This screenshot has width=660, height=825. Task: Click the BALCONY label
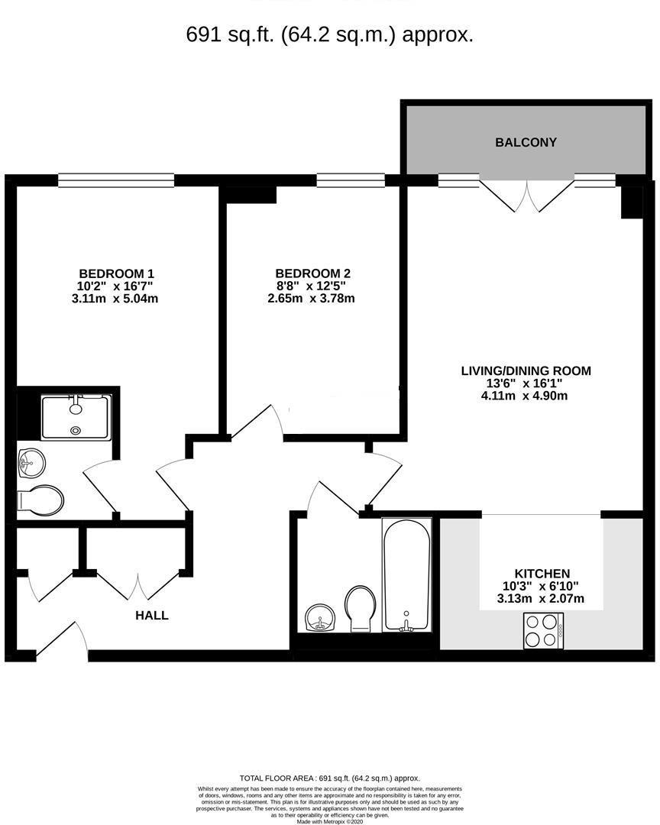pyautogui.click(x=526, y=142)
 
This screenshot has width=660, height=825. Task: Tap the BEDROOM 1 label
pyautogui.click(x=117, y=273)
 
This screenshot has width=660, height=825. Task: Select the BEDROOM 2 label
pyautogui.click(x=312, y=273)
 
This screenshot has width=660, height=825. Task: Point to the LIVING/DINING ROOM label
pyautogui.click(x=526, y=371)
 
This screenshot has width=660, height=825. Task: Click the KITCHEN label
pyautogui.click(x=542, y=574)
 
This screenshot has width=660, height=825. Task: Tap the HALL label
pyautogui.click(x=152, y=615)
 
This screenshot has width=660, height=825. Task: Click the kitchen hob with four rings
pyautogui.click(x=544, y=631)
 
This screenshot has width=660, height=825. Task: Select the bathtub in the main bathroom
pyautogui.click(x=406, y=574)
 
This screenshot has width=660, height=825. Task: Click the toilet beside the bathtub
pyautogui.click(x=360, y=607)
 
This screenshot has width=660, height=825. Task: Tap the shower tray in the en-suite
pyautogui.click(x=76, y=416)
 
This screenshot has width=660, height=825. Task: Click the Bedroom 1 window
pyautogui.click(x=116, y=180)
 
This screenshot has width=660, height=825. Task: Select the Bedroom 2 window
pyautogui.click(x=351, y=180)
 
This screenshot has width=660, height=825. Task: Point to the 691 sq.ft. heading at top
pyautogui.click(x=330, y=34)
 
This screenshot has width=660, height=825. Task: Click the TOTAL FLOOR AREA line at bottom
pyautogui.click(x=329, y=778)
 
